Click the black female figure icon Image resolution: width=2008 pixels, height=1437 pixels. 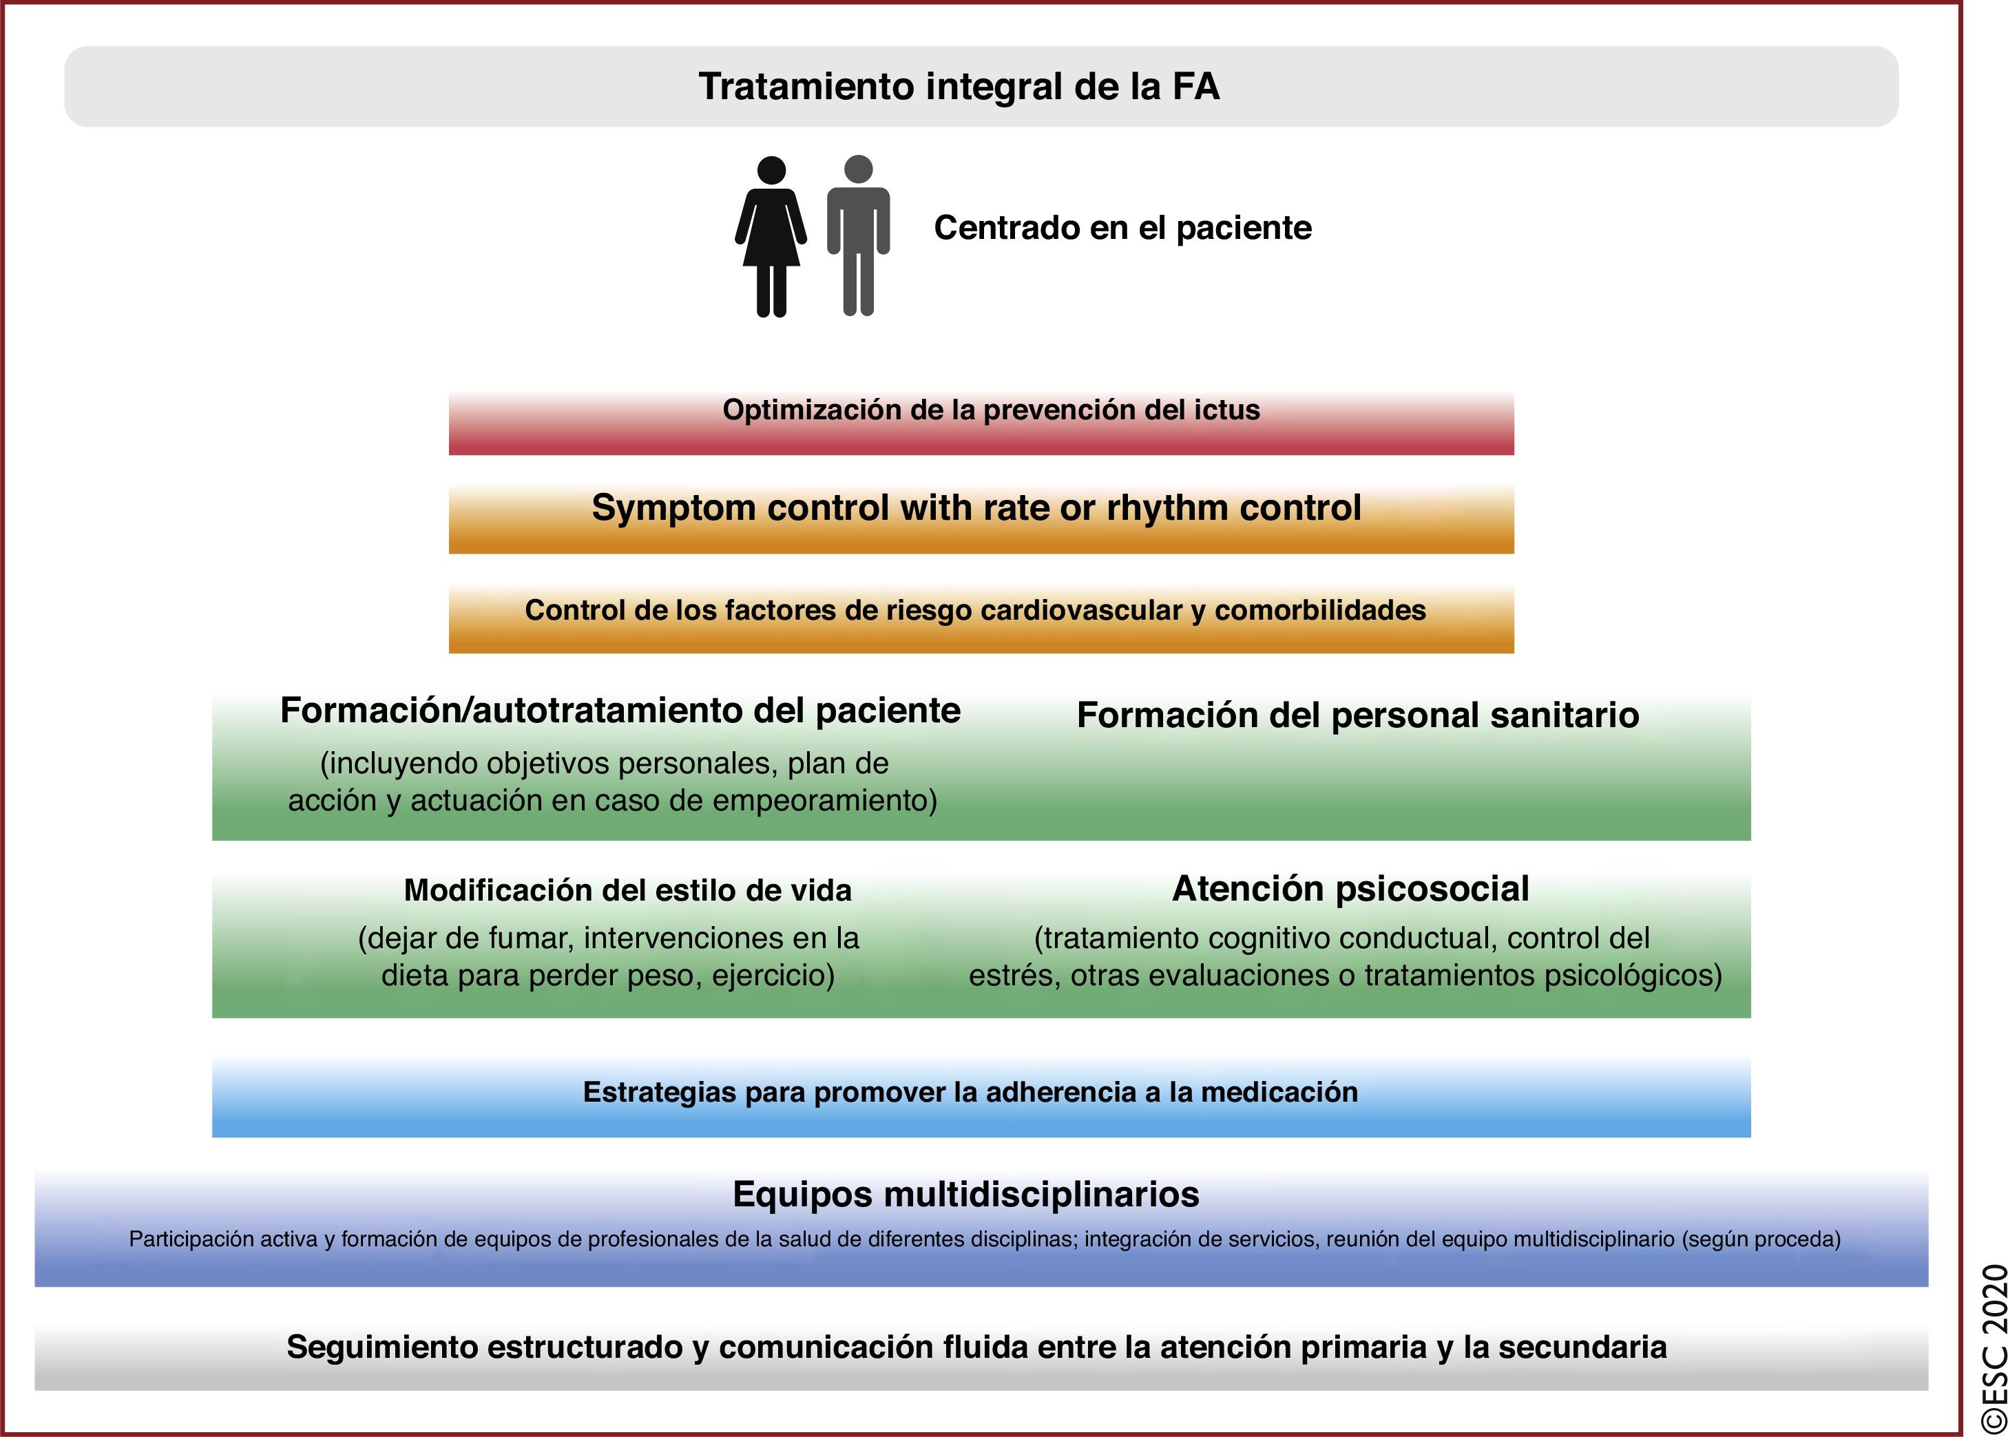771,236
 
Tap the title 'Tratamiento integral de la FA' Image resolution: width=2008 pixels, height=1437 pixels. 959,87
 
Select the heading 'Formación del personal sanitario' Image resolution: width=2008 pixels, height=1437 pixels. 1357,715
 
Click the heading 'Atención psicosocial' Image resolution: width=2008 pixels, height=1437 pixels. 1350,888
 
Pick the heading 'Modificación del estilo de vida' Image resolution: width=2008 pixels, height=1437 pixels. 627,890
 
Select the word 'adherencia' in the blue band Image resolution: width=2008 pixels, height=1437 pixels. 1061,1093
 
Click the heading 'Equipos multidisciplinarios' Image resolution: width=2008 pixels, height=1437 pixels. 965,1195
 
